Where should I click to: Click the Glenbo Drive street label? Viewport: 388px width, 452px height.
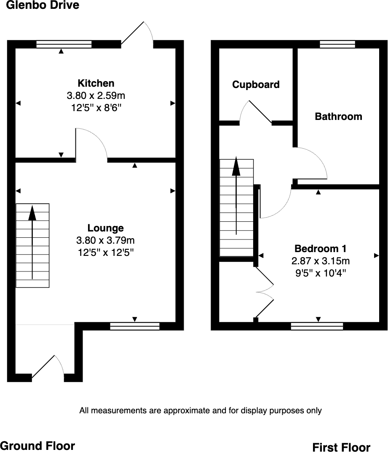point(43,5)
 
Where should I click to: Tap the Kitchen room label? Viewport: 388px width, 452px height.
point(96,83)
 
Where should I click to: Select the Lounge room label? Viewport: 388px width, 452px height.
point(105,228)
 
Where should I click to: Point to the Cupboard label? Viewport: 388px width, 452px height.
point(256,85)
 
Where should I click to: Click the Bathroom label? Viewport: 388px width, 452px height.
point(338,117)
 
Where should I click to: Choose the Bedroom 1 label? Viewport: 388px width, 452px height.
point(321,248)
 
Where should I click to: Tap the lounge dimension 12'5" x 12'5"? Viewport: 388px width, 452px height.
point(105,253)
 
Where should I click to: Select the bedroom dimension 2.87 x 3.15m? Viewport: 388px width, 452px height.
point(321,261)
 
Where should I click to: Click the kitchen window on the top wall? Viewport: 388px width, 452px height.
point(64,44)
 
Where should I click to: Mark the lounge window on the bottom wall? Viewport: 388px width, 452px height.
point(135,326)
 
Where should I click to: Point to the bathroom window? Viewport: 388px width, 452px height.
point(337,44)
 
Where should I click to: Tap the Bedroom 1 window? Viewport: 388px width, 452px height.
point(317,326)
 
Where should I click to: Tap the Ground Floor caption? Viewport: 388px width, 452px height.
point(37,446)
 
